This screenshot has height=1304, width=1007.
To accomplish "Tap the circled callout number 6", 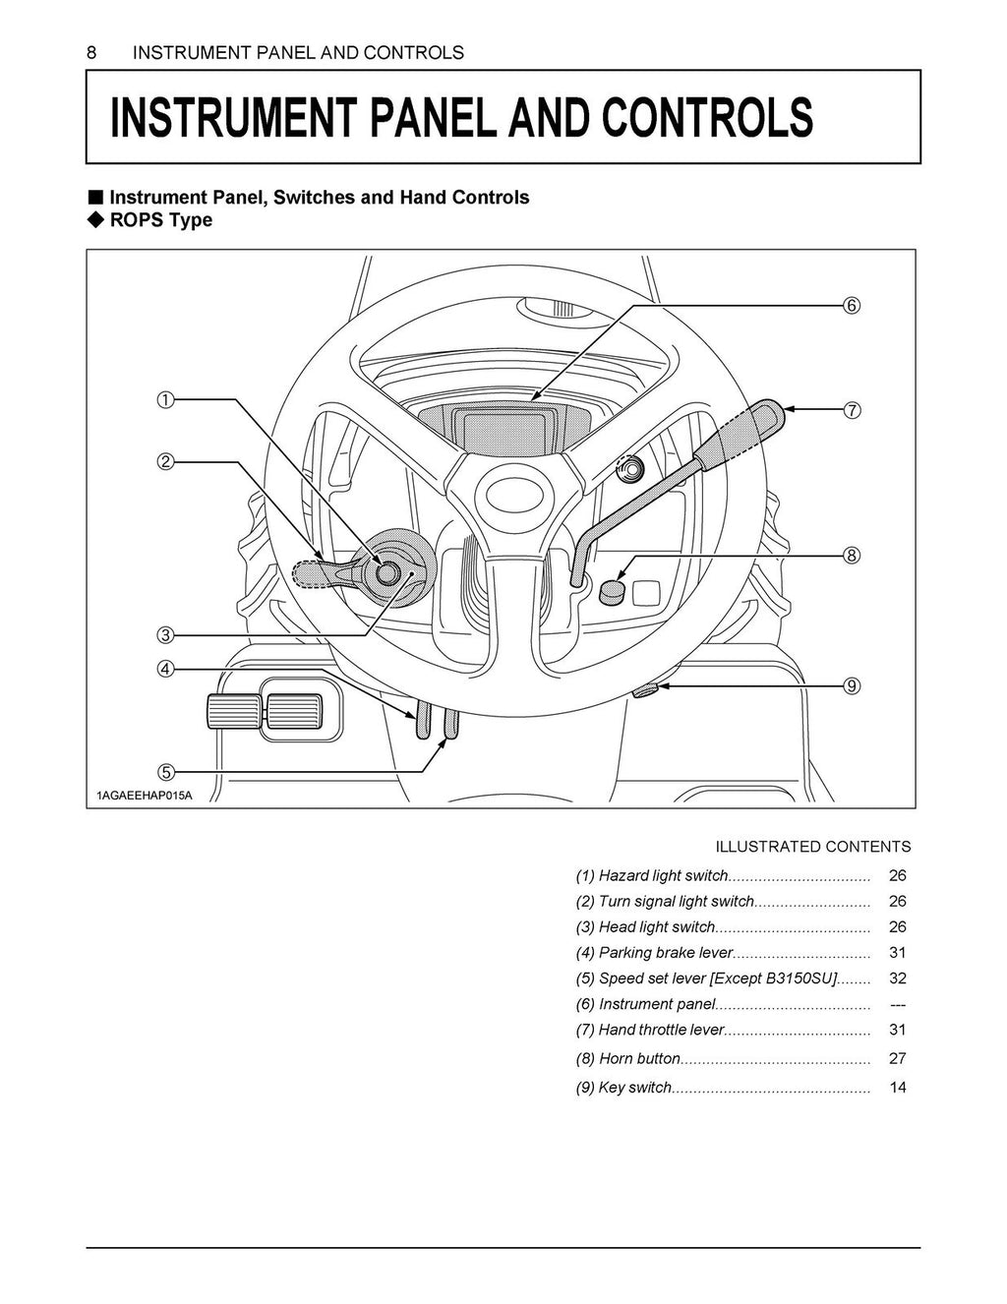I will [x=852, y=305].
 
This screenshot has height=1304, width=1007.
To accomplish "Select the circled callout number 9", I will [x=852, y=685].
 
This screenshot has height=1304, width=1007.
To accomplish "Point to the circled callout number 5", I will [x=165, y=770].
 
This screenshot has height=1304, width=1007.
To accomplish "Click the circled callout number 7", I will [x=852, y=411].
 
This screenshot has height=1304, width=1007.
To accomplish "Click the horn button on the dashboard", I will [x=613, y=591].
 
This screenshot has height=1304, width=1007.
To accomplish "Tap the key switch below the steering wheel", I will [x=647, y=691].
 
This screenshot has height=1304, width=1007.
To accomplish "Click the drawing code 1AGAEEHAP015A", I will [x=145, y=795].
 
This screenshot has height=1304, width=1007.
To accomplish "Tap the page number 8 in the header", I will [x=91, y=53].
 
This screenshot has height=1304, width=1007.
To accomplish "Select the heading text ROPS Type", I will [x=160, y=220].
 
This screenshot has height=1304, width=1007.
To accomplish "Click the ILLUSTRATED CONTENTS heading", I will [x=812, y=847].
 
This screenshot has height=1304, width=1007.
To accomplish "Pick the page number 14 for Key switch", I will [x=897, y=1088].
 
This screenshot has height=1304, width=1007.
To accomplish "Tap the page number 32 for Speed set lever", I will [x=897, y=978].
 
